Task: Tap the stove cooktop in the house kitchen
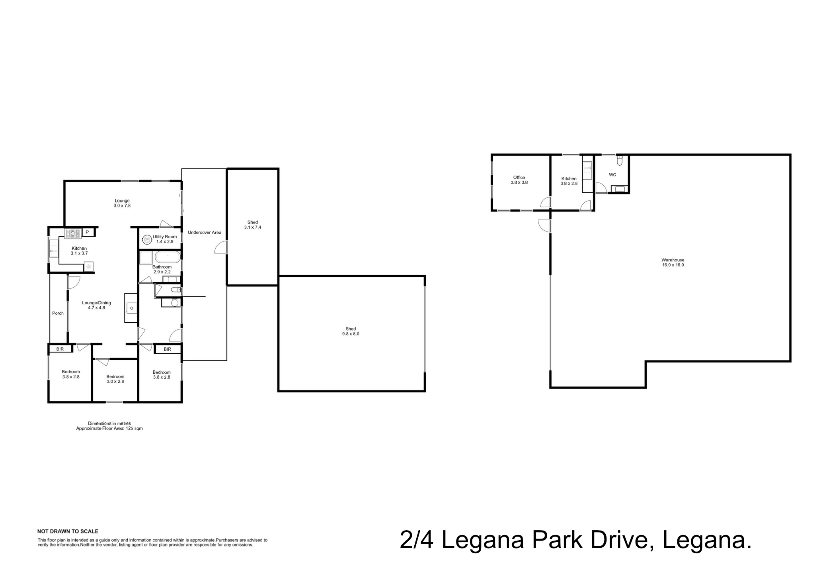(73, 233)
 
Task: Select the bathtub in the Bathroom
(167, 257)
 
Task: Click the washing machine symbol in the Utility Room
(147, 239)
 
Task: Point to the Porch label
(58, 313)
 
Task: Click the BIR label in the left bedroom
(60, 349)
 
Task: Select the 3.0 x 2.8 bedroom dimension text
(115, 381)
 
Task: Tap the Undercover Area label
(204, 232)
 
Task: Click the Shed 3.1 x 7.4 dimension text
(252, 227)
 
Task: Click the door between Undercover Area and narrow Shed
(221, 247)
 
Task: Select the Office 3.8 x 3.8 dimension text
(519, 182)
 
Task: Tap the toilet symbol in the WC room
(619, 161)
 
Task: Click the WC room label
(612, 175)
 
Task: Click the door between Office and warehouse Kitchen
(546, 202)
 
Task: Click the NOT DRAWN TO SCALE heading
(68, 531)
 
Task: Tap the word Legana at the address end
(707, 541)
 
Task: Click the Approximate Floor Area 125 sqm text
(109, 429)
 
